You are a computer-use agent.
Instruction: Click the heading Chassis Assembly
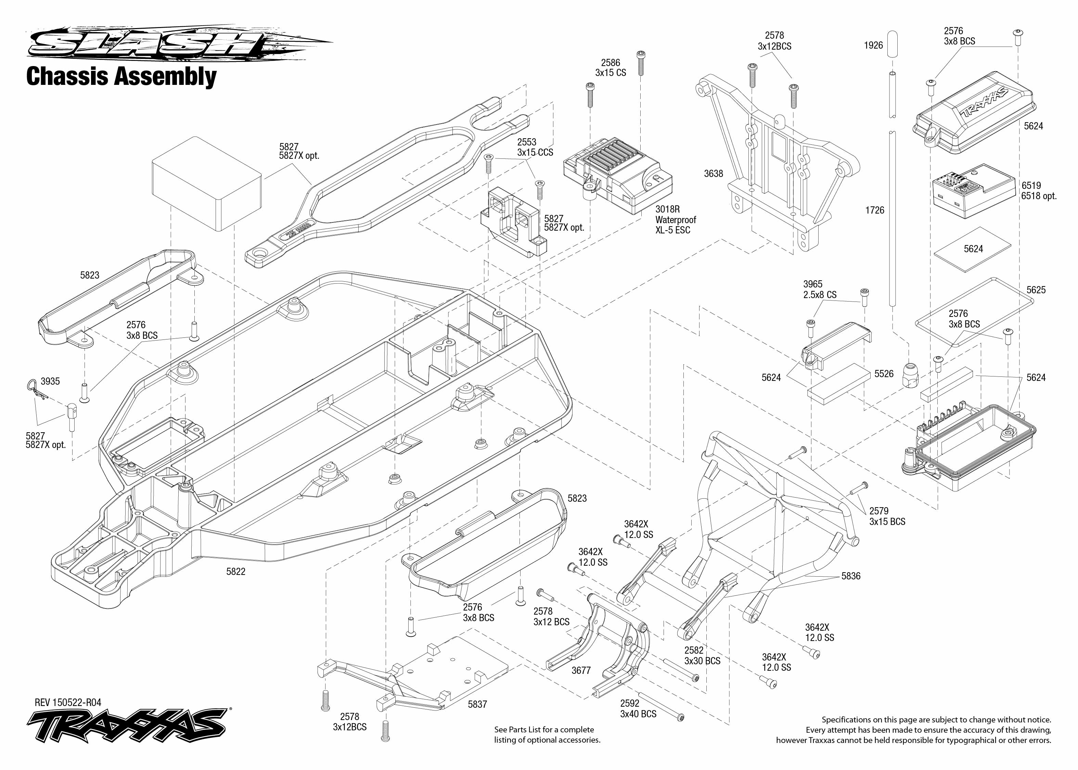[121, 76]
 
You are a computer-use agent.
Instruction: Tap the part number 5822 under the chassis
[235, 572]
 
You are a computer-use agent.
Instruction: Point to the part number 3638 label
[714, 174]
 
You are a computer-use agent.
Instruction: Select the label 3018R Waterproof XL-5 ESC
[675, 219]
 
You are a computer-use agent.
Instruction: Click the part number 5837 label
[477, 705]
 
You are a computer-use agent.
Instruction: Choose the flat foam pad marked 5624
[973, 249]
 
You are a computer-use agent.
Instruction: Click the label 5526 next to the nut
[884, 374]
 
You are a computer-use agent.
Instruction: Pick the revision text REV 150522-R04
[68, 703]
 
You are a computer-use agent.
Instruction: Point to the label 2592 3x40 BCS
[638, 709]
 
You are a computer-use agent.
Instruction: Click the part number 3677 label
[581, 670]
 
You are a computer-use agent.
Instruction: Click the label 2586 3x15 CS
[611, 68]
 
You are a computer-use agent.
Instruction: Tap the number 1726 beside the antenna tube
[875, 210]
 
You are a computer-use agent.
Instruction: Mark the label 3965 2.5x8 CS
[820, 289]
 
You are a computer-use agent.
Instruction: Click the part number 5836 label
[851, 576]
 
